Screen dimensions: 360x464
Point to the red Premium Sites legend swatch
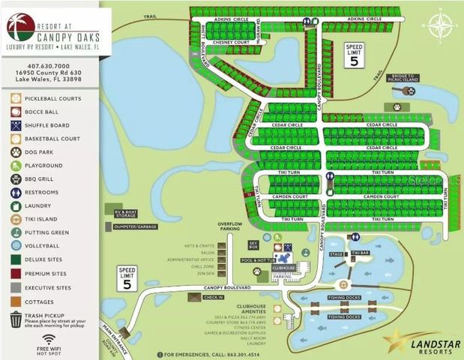click(16, 273)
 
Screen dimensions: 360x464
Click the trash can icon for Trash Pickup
click(16, 320)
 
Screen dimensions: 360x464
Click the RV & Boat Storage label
click(128, 214)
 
